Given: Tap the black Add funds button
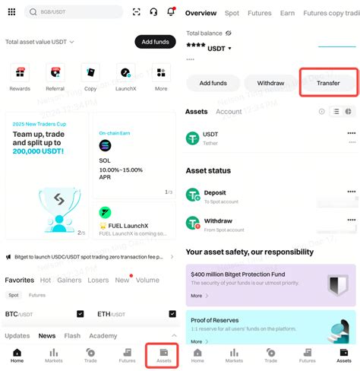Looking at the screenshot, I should point(154,42).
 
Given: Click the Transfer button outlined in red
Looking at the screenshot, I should point(328,83).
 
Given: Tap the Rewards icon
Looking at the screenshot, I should point(20,74).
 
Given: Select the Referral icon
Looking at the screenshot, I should point(55,74).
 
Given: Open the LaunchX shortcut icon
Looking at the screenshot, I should point(126,74).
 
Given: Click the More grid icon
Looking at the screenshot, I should point(161,74).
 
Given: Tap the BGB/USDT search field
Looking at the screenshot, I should point(74,12).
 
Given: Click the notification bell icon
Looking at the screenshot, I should point(171,11).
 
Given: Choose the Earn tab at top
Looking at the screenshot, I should point(287,13).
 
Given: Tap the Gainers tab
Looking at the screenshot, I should point(69,280).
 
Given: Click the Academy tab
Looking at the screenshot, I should point(103,335).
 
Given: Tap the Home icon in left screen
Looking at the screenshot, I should point(17,355).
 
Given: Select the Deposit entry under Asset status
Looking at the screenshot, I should point(215,193).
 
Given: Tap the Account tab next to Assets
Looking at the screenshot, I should point(229,112).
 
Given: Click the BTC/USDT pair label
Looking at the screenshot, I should point(19,313).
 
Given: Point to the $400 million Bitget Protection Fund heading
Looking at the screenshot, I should point(240,273).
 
